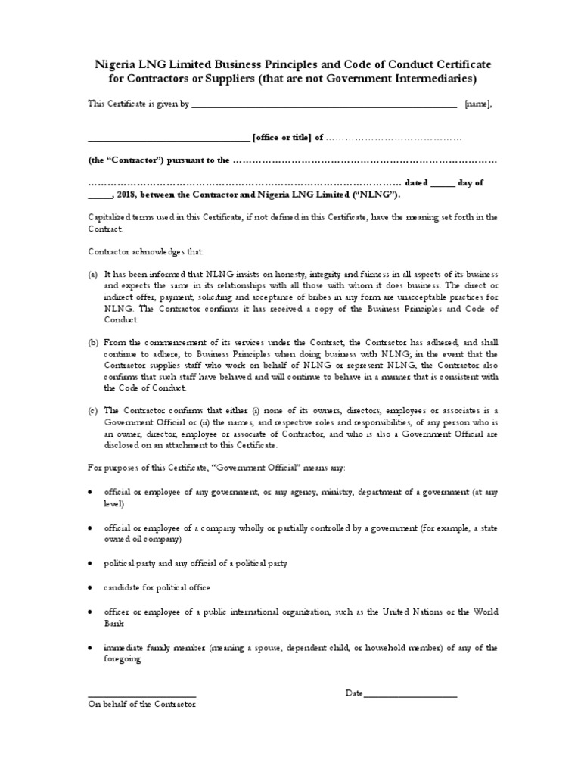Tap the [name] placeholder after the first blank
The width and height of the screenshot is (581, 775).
479,106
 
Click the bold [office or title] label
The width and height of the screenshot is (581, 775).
283,138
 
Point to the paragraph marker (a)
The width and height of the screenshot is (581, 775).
93,273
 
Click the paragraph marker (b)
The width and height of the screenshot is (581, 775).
93,343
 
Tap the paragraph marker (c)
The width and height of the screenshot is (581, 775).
93,411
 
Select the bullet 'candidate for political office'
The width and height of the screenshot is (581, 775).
157,587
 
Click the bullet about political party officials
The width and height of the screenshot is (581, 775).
196,564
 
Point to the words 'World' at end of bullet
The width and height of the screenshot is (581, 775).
485,611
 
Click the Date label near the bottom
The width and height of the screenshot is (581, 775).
354,693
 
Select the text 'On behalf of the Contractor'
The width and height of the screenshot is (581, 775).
142,705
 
